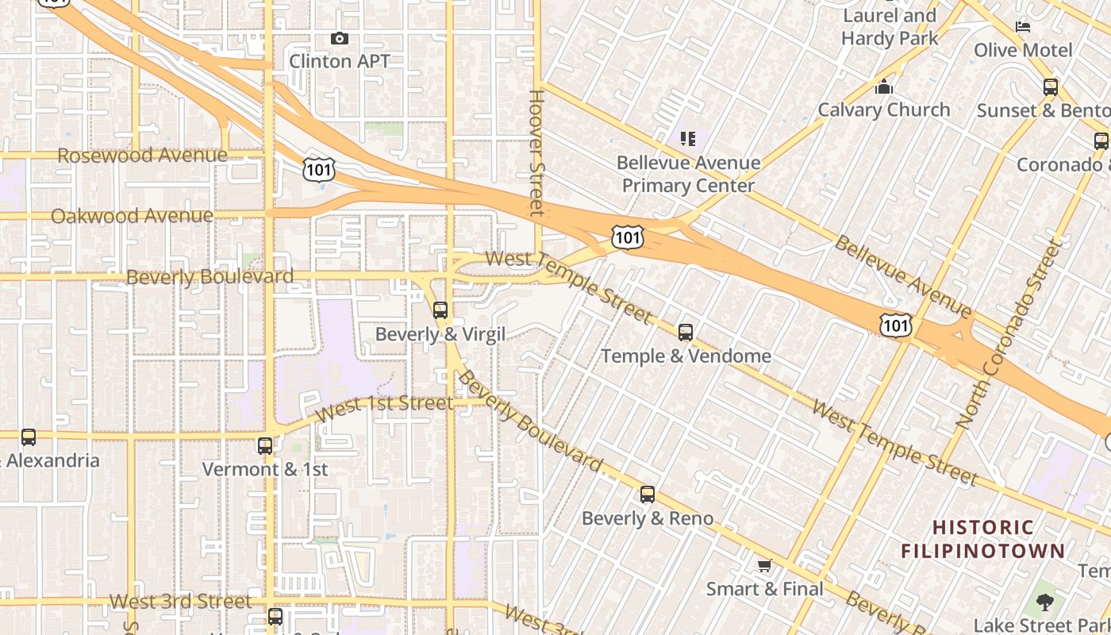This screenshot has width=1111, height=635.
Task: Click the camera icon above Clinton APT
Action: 339,38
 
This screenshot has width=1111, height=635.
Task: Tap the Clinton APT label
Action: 339,61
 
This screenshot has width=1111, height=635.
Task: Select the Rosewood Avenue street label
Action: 142,155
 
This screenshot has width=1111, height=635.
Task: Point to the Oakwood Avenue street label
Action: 132,216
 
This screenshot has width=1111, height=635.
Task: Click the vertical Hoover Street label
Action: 537,152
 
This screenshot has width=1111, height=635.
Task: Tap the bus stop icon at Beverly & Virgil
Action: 440,310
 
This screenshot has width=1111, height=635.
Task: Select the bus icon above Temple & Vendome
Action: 686,333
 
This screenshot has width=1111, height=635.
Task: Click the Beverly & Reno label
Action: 648,518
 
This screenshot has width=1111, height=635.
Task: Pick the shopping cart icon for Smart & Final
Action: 764,566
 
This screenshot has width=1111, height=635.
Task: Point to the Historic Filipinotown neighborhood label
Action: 982,539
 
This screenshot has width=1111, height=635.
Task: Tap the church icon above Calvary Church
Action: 883,86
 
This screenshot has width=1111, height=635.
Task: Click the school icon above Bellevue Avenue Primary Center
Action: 687,140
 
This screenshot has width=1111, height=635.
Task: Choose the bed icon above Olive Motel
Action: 1023,27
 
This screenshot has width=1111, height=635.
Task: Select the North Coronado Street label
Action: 1009,333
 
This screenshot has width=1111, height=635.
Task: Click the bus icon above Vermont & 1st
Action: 265,446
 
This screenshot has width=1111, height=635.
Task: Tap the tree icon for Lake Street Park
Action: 1045,602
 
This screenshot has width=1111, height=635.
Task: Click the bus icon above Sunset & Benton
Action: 1051,87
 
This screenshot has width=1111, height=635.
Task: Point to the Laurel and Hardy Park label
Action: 890,26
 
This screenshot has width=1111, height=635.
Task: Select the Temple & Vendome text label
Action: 686,356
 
